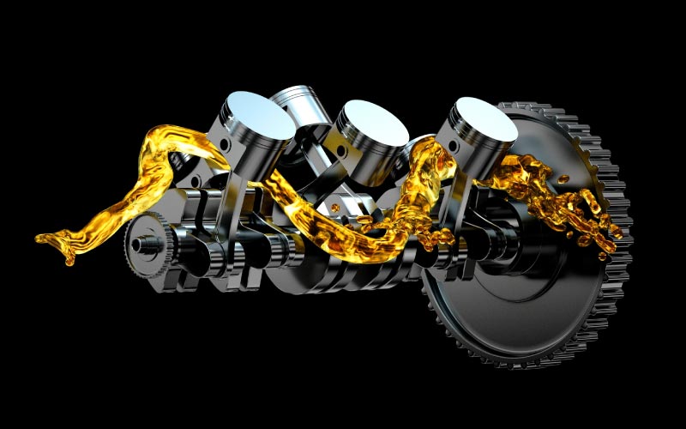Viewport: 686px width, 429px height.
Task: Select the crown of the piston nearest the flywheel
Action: tap(485, 118)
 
